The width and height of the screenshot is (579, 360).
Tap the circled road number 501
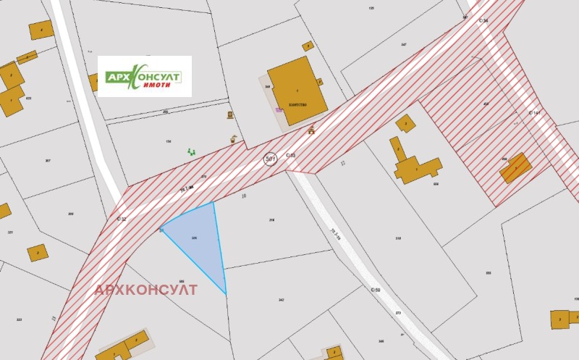coord(271,158)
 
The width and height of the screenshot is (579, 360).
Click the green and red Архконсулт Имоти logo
coord(145,77)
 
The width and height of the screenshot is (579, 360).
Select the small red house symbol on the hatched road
coord(311,130)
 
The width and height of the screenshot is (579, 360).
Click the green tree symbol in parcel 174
coord(192,151)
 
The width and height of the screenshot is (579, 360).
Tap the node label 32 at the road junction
coord(121,218)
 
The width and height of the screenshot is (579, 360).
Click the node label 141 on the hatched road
coord(535,113)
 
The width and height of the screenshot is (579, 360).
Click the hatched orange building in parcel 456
coord(515,168)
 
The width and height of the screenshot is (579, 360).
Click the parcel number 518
coord(398,238)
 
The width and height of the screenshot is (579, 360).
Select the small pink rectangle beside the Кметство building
coord(279,109)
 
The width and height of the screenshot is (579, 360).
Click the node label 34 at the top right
coord(483,20)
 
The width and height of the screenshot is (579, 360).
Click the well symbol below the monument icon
coord(233,138)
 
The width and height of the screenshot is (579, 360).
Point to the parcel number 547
coord(403,45)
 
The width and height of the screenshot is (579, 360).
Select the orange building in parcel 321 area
coord(36,253)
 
